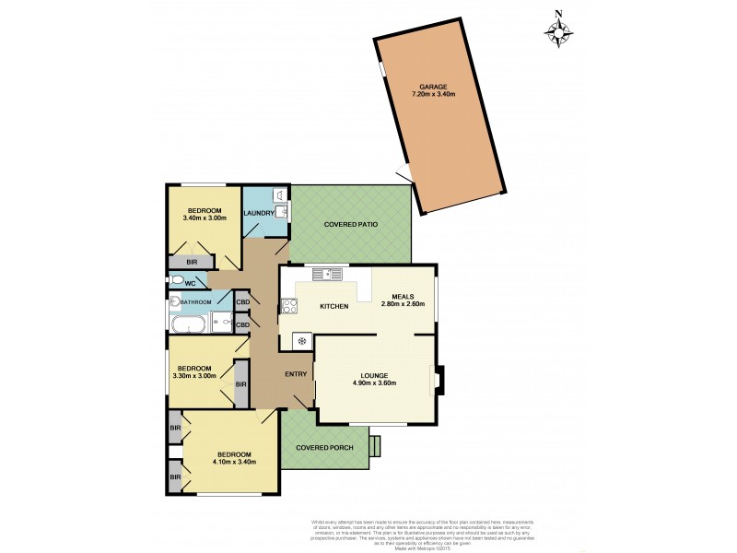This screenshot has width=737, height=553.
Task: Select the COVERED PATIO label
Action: (x=350, y=225)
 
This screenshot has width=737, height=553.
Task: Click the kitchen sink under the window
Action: (x=326, y=273)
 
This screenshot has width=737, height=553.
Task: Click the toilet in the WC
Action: (x=177, y=279)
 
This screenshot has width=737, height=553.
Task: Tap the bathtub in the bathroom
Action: (x=189, y=324)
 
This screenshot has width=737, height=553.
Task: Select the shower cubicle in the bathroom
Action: (x=221, y=323)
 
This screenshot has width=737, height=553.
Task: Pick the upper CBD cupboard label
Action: (x=244, y=302)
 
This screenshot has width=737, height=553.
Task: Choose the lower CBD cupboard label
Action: (x=244, y=324)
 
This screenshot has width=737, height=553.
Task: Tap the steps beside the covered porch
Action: (x=373, y=446)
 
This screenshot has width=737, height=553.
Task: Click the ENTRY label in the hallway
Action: (x=296, y=374)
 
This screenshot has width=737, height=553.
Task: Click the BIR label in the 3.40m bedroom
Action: (x=192, y=262)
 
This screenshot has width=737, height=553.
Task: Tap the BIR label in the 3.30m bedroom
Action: (x=240, y=383)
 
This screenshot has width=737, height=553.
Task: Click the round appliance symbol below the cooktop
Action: (x=298, y=341)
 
